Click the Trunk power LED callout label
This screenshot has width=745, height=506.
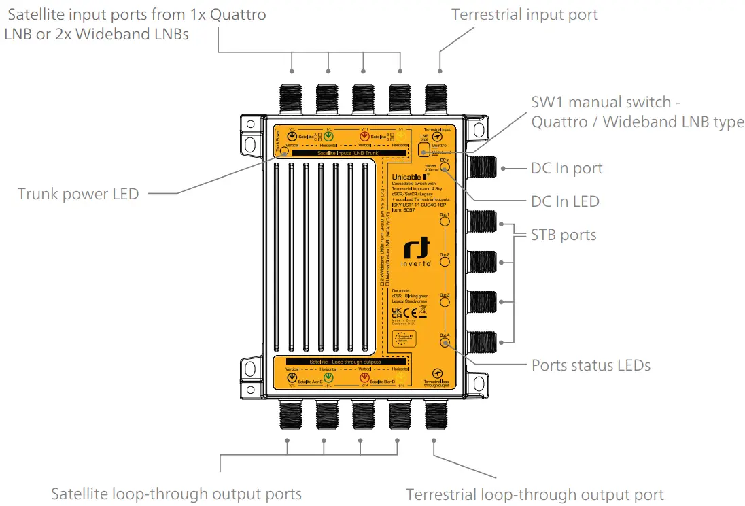coord(78,194)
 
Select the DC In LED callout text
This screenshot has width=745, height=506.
coord(565,201)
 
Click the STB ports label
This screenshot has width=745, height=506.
coord(564,235)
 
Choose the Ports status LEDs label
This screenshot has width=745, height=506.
coord(591,365)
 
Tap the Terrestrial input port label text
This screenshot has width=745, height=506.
coord(525,14)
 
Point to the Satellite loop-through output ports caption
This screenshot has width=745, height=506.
coord(176,493)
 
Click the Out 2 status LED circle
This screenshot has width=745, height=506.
coord(445,262)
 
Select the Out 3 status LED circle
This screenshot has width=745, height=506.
coord(445,302)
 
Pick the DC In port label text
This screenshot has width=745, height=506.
coord(566,168)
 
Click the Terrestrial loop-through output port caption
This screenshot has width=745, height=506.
coord(534,494)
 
